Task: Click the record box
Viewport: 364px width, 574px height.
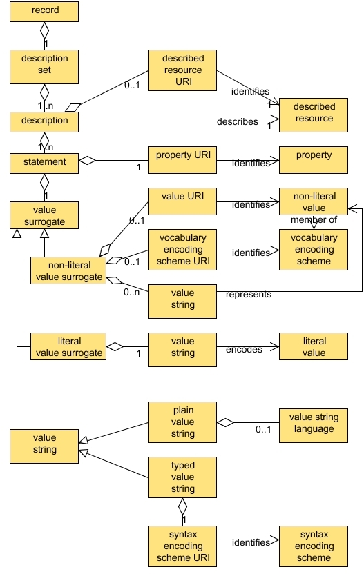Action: point(44,11)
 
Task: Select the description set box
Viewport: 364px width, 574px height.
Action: point(44,64)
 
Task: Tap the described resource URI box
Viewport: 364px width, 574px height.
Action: point(182,70)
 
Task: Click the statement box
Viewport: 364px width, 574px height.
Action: point(44,163)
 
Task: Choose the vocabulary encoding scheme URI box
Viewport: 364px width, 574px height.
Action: point(182,248)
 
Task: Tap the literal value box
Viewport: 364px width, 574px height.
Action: point(314,347)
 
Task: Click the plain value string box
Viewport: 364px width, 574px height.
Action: point(182,422)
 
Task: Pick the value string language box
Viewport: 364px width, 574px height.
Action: point(314,423)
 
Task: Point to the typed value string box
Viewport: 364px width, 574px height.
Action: point(182,477)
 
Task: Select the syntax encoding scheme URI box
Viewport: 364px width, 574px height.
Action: point(182,546)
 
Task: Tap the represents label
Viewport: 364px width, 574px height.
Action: point(249,295)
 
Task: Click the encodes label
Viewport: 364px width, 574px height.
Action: point(244,350)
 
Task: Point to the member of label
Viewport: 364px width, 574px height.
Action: point(313,219)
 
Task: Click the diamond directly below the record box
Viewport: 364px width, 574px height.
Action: point(44,30)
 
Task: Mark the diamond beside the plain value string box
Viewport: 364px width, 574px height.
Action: point(226,422)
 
